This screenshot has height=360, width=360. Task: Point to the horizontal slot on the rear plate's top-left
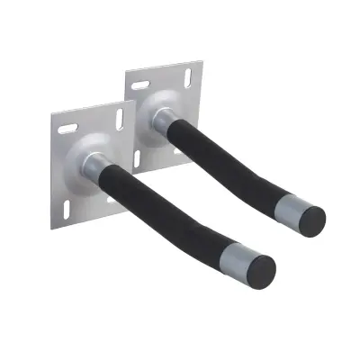tap(142, 82)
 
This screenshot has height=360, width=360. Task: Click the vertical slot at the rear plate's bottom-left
tap(138, 160)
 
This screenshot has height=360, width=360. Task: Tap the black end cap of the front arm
tap(262, 268)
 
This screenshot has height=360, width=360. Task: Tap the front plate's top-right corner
tap(132, 100)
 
